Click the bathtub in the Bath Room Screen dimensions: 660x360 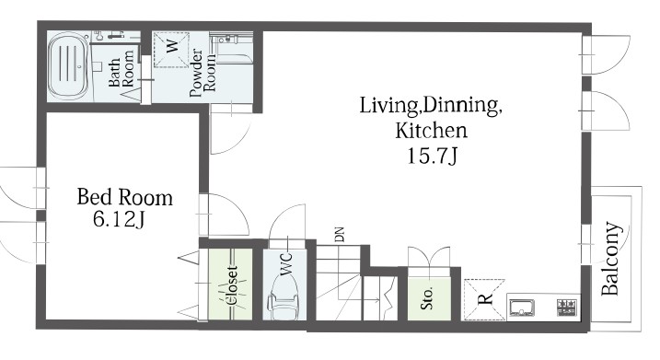click(68, 65)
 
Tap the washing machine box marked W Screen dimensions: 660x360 click(171, 50)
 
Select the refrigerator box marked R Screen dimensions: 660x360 click(484, 299)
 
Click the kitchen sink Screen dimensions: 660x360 click(522, 308)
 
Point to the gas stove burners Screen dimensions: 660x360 click(566, 308)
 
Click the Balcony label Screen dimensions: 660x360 click(610, 258)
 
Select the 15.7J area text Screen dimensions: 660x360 click(432, 157)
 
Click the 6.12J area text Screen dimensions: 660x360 click(119, 219)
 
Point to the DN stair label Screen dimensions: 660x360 click(340, 235)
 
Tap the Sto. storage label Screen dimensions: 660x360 click(427, 298)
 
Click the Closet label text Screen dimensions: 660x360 click(232, 285)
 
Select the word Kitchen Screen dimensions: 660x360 click(431, 131)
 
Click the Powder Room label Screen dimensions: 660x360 click(203, 74)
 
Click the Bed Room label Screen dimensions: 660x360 click(124, 197)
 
